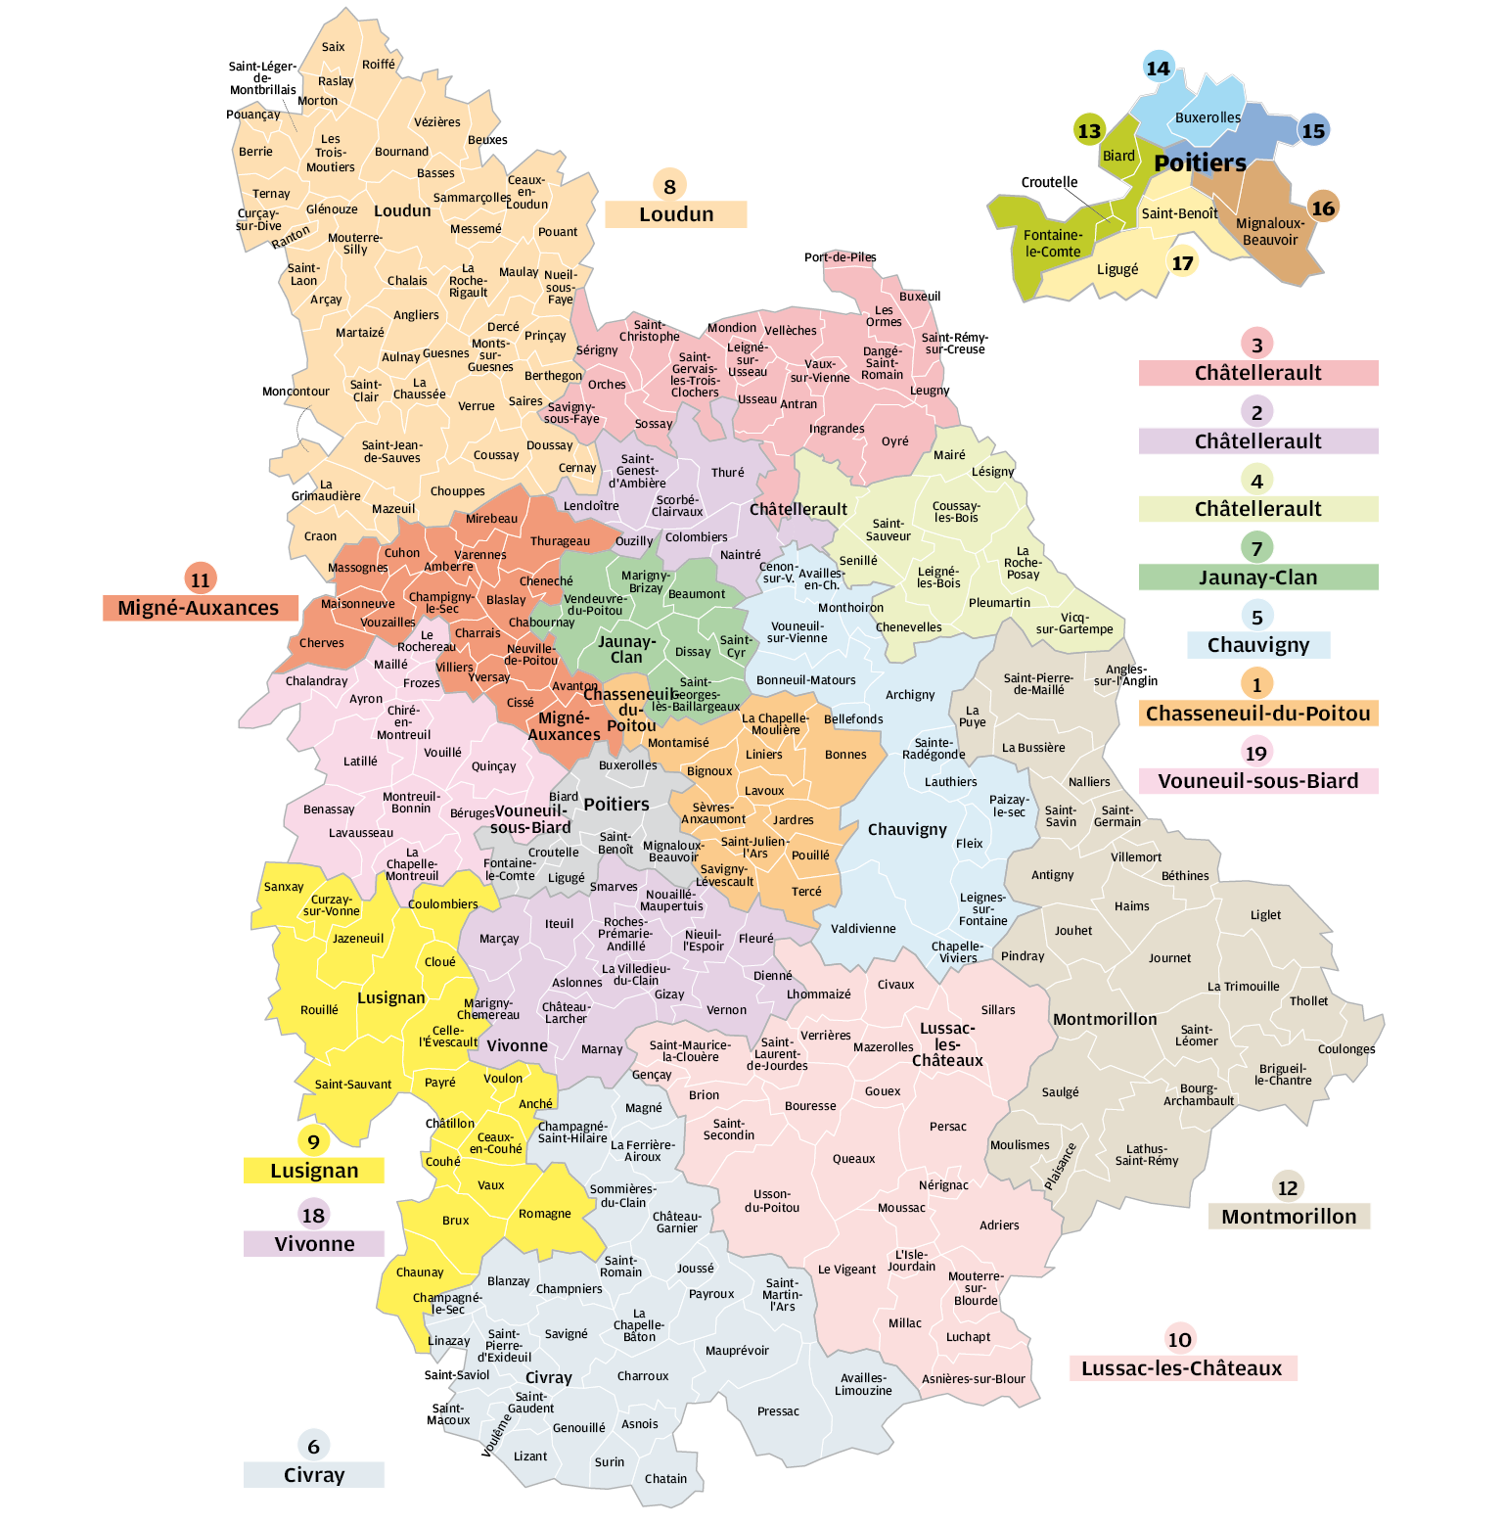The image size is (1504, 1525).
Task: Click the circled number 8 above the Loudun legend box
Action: pyautogui.click(x=669, y=186)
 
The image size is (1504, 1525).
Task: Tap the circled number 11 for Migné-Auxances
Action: pyautogui.click(x=200, y=579)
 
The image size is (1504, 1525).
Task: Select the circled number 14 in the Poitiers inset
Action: pyautogui.click(x=1158, y=68)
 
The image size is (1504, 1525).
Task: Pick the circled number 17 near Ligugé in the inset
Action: pyautogui.click(x=1182, y=262)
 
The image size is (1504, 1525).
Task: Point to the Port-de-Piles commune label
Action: pyautogui.click(x=840, y=257)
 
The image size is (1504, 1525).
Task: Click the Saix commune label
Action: pyautogui.click(x=333, y=47)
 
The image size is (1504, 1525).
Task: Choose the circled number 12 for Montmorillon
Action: pyautogui.click(x=1287, y=1187)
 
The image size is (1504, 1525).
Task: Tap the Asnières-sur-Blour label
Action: pyautogui.click(x=973, y=1379)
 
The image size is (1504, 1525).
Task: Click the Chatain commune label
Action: pyautogui.click(x=665, y=1478)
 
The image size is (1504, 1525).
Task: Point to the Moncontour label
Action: pyautogui.click(x=296, y=392)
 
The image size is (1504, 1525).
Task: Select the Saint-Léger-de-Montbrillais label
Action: pyautogui.click(x=262, y=78)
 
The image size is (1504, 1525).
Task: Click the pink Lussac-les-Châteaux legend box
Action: pyautogui.click(x=1182, y=1368)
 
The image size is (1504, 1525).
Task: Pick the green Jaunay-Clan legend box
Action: pyautogui.click(x=1257, y=578)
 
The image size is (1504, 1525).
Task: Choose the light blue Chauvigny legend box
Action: pyautogui.click(x=1257, y=645)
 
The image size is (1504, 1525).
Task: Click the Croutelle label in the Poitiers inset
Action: pyautogui.click(x=1049, y=182)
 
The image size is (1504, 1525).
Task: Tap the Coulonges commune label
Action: pyautogui.click(x=1345, y=1049)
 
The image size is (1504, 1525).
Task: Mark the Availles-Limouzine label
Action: pyautogui.click(x=863, y=1384)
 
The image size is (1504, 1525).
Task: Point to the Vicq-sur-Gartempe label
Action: pyautogui.click(x=1074, y=624)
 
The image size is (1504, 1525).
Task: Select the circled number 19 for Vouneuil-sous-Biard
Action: pyautogui.click(x=1255, y=753)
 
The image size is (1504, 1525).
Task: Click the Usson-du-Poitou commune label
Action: pyautogui.click(x=772, y=1201)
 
